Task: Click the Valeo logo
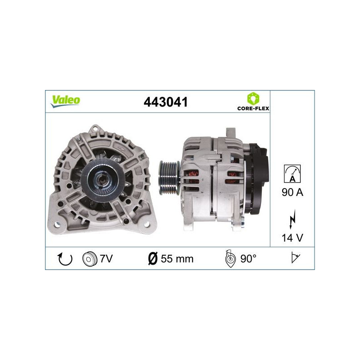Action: (x=65, y=101)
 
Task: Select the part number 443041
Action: (x=165, y=102)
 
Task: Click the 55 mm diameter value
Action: (x=177, y=259)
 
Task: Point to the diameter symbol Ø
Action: (x=152, y=259)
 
